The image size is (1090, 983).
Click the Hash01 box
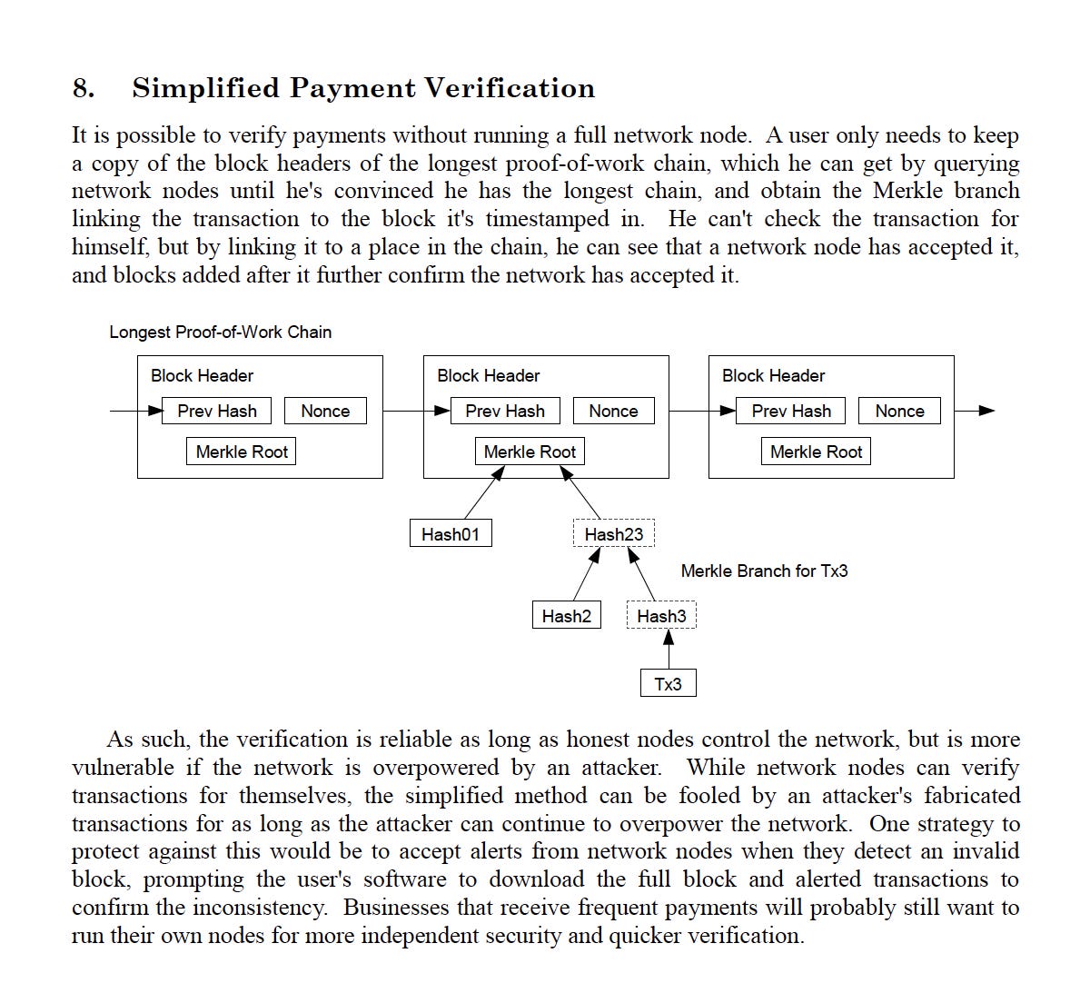tap(450, 534)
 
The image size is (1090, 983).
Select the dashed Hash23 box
tap(613, 534)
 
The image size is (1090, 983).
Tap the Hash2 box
tap(566, 616)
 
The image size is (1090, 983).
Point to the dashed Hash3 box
tap(661, 616)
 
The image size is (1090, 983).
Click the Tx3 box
tap(668, 683)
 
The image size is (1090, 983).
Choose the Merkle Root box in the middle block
tap(530, 452)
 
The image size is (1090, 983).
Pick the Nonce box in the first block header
tap(325, 411)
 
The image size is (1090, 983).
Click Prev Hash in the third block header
tap(791, 411)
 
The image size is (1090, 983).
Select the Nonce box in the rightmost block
tap(899, 411)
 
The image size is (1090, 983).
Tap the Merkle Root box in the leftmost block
tap(242, 452)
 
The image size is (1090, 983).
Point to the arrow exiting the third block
tap(974, 411)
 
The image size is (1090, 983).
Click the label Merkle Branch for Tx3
tap(764, 571)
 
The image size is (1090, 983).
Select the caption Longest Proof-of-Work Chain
tap(220, 332)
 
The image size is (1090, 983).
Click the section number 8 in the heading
tap(83, 88)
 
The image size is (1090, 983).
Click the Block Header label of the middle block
tap(488, 375)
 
